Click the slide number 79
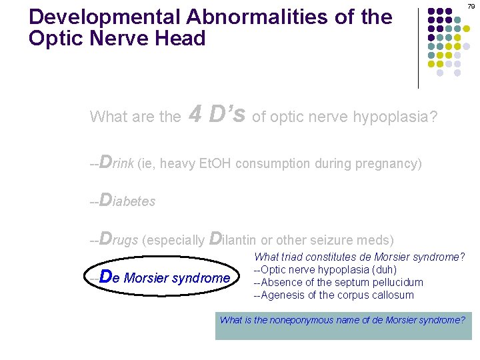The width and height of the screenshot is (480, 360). click(471, 7)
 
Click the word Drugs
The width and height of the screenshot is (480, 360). click(119, 239)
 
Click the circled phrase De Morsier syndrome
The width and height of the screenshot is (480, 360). click(163, 277)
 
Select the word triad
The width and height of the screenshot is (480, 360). click(295, 257)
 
